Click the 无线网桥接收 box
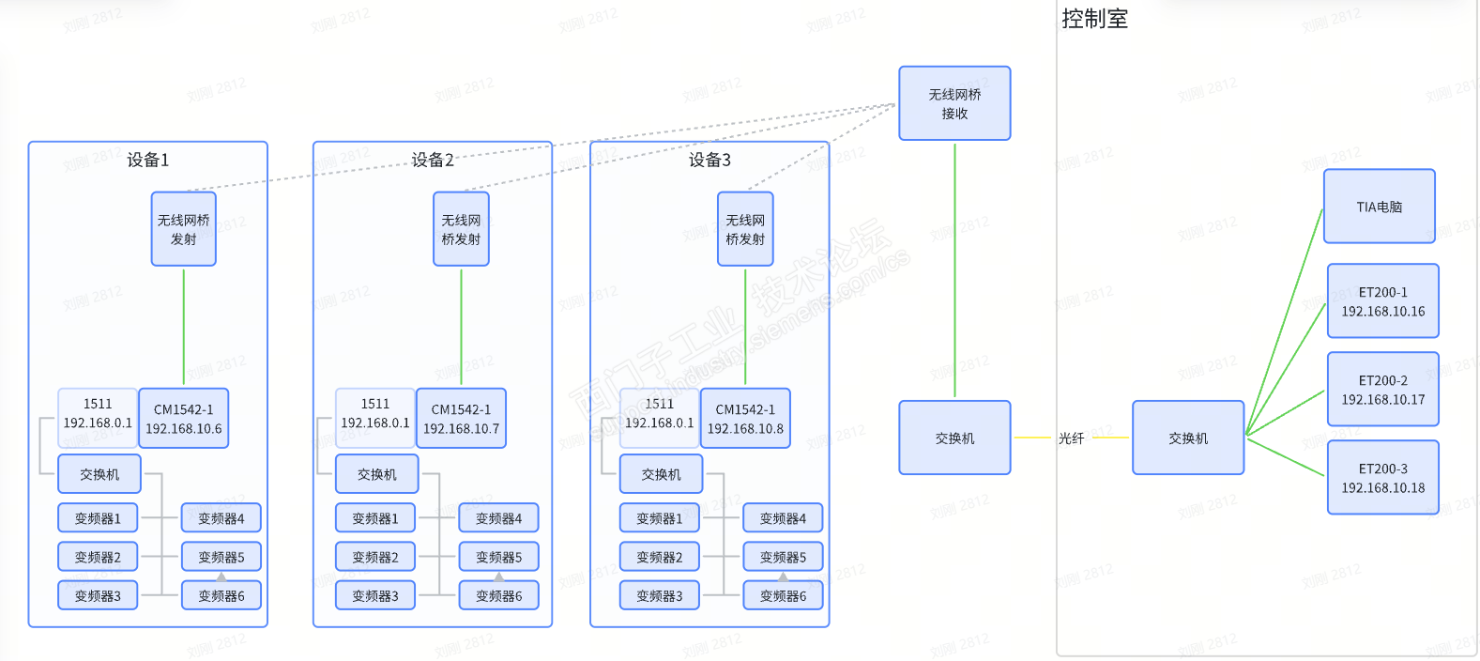(x=954, y=103)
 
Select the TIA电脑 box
(x=1379, y=207)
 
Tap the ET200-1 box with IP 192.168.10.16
(x=1382, y=301)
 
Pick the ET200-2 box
(x=1382, y=390)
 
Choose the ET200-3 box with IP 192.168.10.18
(x=1382, y=478)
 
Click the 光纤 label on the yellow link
(x=1071, y=438)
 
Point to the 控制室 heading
(x=1094, y=19)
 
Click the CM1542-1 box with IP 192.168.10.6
(x=183, y=419)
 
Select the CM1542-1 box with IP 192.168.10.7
(x=461, y=419)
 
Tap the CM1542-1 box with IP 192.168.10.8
(x=745, y=419)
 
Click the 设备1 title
(x=148, y=160)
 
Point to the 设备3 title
(x=709, y=160)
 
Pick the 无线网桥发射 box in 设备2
(x=461, y=229)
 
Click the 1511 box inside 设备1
(x=98, y=413)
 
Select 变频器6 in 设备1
(x=221, y=595)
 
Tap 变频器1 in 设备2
(x=375, y=518)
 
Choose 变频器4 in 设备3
(x=783, y=518)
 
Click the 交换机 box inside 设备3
(x=661, y=474)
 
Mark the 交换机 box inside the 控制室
(x=1188, y=438)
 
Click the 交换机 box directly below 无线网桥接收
(x=954, y=438)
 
